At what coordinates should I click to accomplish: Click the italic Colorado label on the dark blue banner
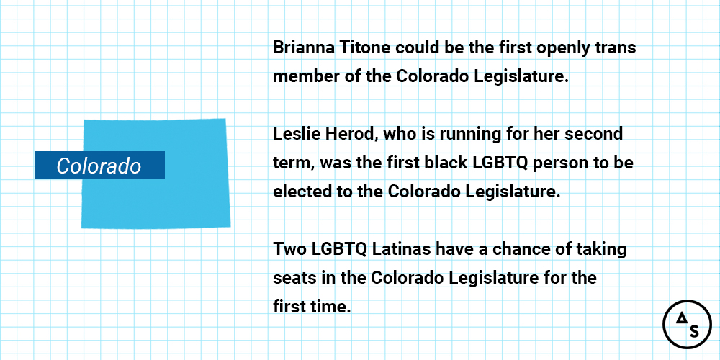pos(99,166)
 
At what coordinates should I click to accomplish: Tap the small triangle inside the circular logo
pos(681,318)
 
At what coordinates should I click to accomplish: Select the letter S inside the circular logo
pos(694,331)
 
